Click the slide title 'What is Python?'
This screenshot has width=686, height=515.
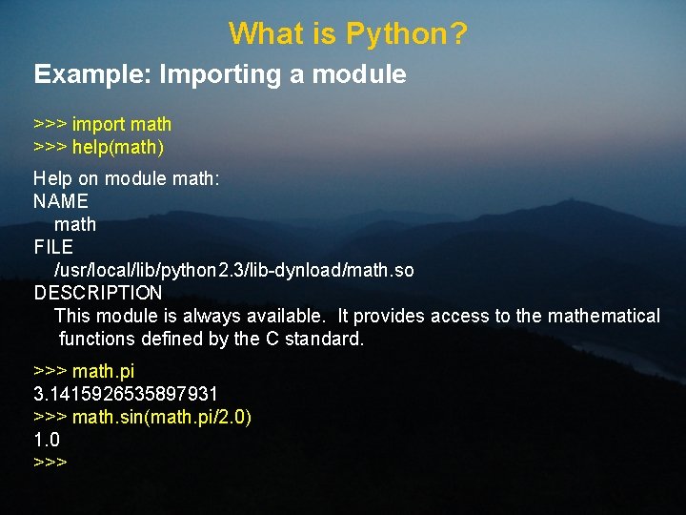point(348,34)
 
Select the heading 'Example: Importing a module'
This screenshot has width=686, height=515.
point(220,74)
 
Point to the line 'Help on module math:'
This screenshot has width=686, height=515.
point(127,178)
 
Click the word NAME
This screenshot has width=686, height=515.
point(61,201)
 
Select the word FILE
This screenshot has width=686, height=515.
point(53,247)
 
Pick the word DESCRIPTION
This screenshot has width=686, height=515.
point(98,293)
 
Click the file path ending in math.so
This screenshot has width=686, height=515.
point(234,270)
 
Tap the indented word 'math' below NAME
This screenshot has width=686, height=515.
point(75,224)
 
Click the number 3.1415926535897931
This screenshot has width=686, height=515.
point(126,394)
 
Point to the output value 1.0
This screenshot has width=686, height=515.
point(47,440)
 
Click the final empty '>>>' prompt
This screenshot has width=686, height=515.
point(50,463)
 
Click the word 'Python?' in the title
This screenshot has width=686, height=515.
point(407,34)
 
